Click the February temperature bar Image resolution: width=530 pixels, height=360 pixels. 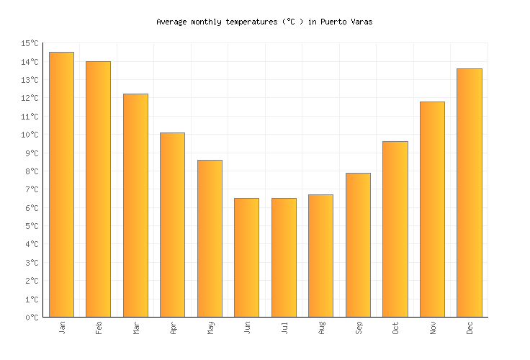click(98, 189)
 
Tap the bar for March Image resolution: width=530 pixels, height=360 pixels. click(135, 205)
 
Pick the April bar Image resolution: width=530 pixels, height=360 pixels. click(172, 225)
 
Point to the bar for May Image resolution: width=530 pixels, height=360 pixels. click(210, 238)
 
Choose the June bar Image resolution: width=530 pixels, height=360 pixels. click(246, 257)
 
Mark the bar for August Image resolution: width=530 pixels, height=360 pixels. click(320, 256)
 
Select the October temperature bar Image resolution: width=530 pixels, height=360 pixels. click(395, 229)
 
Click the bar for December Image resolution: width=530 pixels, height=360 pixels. click(469, 192)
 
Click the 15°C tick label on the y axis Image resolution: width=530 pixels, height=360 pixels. click(30, 44)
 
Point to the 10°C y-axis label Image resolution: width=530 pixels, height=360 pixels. click(30, 135)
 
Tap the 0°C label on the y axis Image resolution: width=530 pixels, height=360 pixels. click(32, 318)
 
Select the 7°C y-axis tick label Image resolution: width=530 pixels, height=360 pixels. click(32, 190)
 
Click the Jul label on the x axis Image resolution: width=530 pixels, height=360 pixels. click(284, 328)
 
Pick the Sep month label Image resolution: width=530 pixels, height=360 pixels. click(359, 328)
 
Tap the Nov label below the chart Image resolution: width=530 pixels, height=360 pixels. click(433, 328)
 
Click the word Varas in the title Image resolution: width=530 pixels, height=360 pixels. click(361, 22)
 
